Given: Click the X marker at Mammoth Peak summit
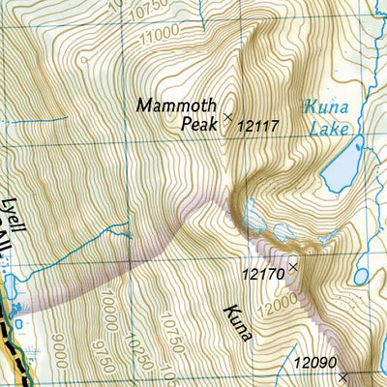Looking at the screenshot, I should click(228, 118).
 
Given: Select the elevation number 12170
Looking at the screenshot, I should click(262, 275).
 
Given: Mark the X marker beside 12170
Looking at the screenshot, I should click(293, 263).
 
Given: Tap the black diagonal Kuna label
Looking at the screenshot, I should click(238, 323).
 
